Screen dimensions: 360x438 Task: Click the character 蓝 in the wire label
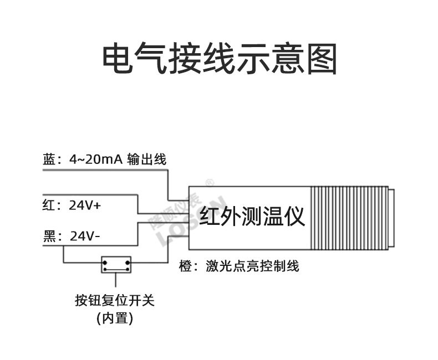49,160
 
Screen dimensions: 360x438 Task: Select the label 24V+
85,205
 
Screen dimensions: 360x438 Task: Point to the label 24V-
85,236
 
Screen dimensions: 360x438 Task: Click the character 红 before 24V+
49,205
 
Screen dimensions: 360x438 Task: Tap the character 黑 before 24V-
49,236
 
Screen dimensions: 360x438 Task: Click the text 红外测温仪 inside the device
252,217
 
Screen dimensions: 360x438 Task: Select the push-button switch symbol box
116,265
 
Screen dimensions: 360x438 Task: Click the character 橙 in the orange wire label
185,266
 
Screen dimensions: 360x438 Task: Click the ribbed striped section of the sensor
349,217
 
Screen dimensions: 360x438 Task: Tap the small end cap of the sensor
391,217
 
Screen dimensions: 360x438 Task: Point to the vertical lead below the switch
116,280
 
